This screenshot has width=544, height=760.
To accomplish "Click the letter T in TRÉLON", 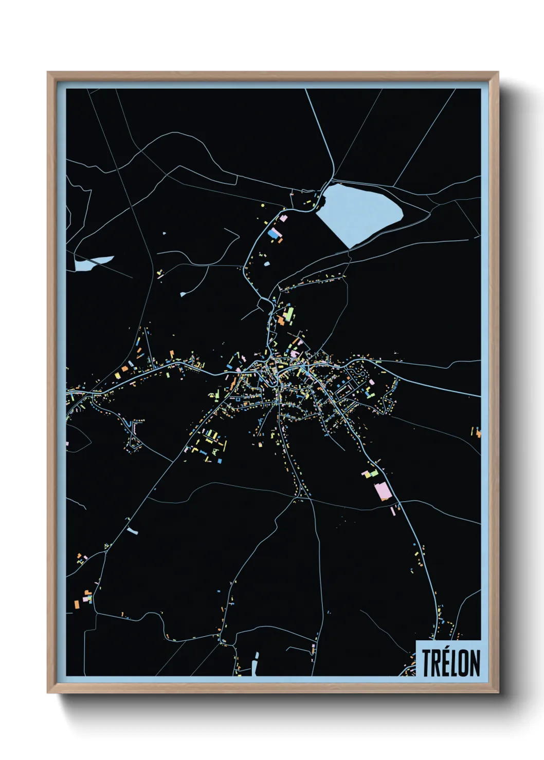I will pos(427,663).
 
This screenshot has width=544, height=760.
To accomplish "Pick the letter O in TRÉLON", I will pos(464,663).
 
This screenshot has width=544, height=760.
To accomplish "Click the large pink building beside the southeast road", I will pos(383,490).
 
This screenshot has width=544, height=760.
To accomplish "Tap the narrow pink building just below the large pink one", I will pos(393,511).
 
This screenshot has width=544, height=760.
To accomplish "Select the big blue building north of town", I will pos(273,234).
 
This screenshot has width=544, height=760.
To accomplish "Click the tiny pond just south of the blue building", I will pos(267,263).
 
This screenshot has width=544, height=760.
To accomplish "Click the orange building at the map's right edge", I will pos(478,433).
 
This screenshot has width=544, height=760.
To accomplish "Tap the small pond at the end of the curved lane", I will pos(183,294).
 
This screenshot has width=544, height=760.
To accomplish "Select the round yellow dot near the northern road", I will pos(263,205).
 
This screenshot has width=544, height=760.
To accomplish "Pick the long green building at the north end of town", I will pos(291,312).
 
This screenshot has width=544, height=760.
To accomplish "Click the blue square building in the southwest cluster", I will pos(220,461).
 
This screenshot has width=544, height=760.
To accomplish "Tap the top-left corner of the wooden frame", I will pos(48,73).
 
